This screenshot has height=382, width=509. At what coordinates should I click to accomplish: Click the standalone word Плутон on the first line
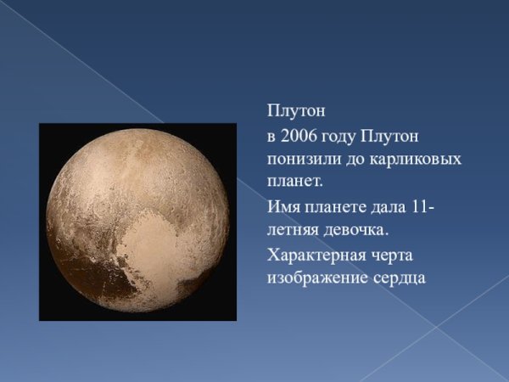coord(296,111)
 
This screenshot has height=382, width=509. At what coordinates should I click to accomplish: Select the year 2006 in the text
coord(299,136)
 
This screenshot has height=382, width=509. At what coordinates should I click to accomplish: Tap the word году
coord(338,138)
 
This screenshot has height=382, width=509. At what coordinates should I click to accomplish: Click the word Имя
coord(284,206)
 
